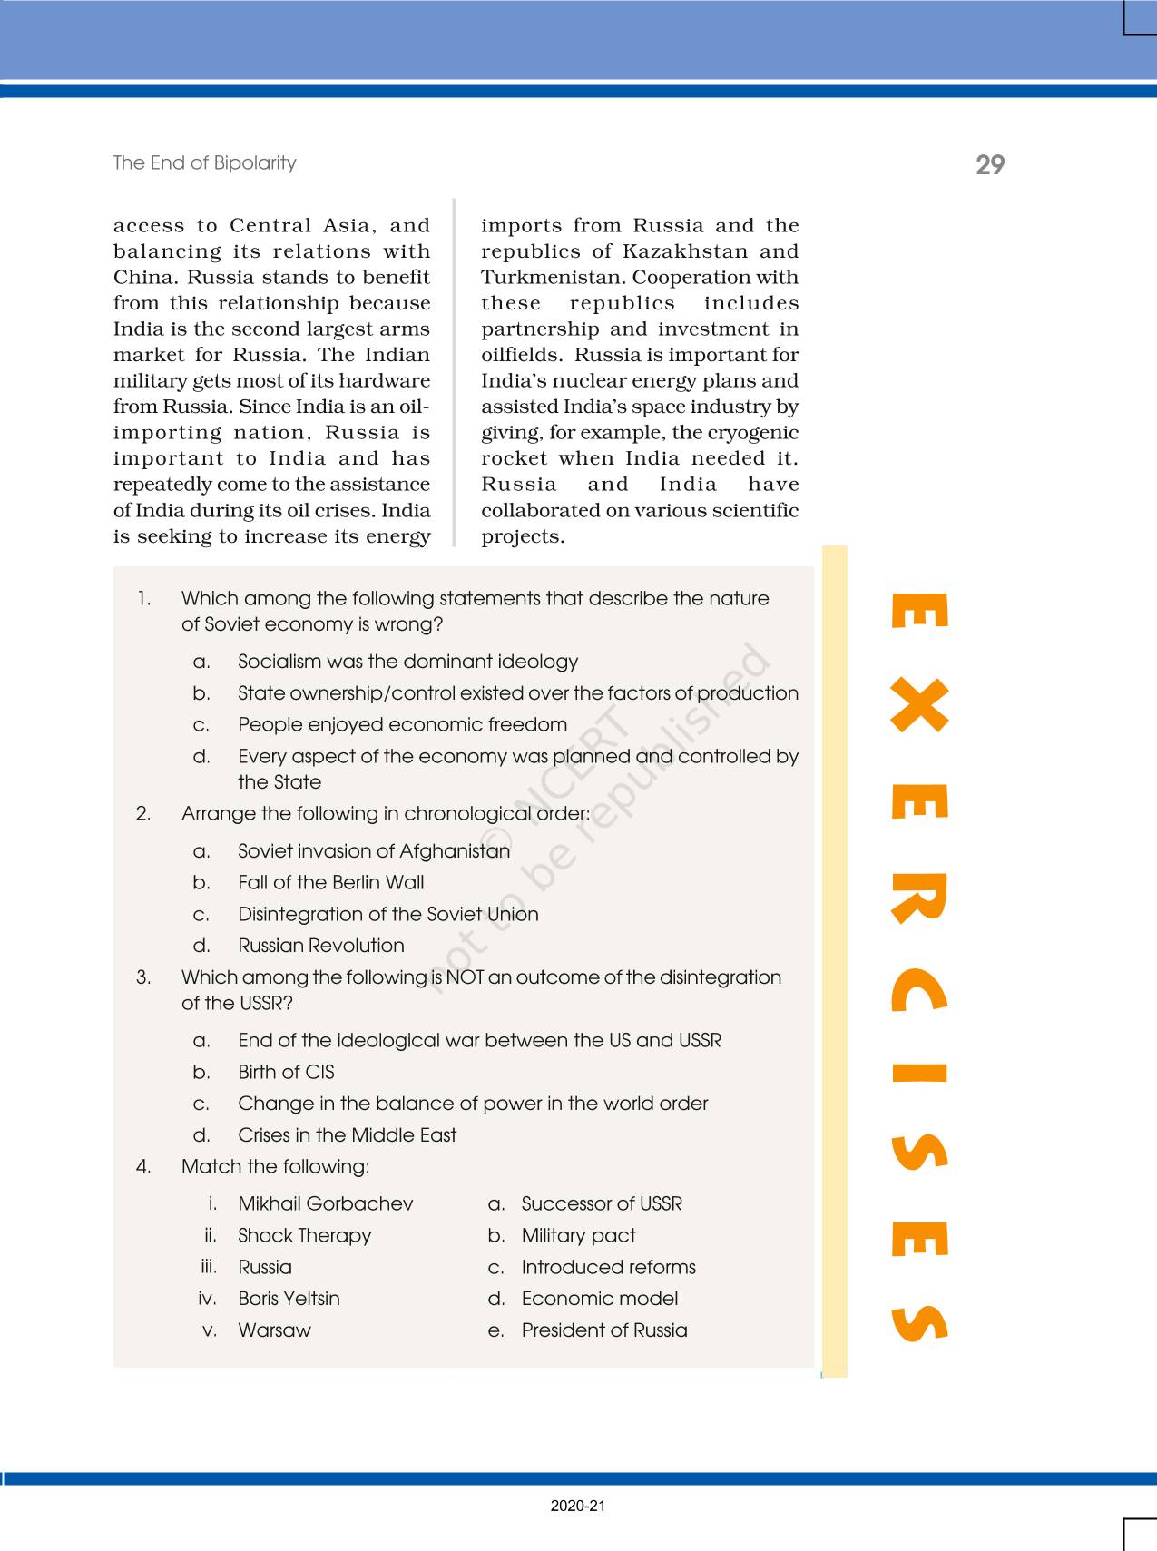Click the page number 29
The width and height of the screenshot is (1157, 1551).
990,164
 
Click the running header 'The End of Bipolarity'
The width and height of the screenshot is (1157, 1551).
204,162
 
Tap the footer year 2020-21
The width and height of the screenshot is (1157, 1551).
577,1506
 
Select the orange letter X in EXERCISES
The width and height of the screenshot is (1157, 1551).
919,706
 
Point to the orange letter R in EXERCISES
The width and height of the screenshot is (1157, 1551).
919,898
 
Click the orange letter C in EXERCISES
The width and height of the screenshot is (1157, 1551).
919,990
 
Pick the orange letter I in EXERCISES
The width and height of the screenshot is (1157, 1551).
919,1074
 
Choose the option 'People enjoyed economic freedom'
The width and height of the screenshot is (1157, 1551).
402,724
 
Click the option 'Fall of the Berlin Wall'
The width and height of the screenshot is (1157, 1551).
330,882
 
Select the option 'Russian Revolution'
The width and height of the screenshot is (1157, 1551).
321,945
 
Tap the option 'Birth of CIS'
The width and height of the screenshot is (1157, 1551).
286,1072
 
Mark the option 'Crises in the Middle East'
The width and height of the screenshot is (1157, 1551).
347,1134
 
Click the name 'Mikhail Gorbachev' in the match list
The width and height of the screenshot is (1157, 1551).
325,1203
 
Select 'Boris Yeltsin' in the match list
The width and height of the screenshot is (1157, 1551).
289,1298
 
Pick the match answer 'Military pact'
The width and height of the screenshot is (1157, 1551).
578,1235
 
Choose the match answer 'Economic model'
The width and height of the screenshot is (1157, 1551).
599,1298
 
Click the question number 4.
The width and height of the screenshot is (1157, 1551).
143,1166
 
